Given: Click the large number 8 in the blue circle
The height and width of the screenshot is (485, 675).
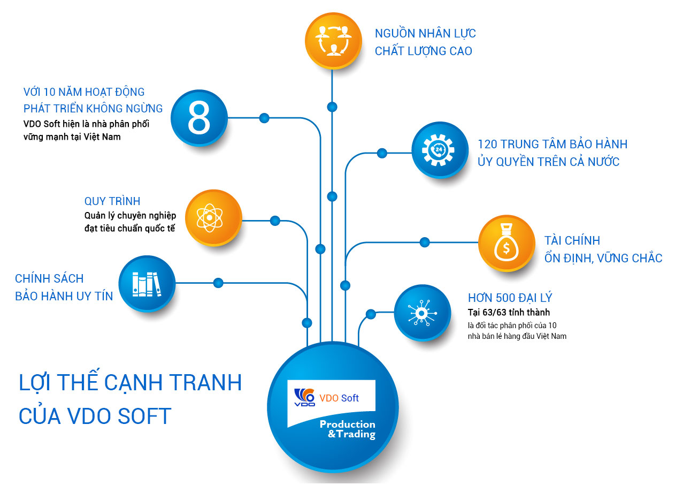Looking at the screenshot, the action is [199, 118].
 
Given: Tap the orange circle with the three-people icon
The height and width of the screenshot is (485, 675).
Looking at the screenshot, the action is [333, 41].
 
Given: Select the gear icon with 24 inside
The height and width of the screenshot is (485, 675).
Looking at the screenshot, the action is [439, 150].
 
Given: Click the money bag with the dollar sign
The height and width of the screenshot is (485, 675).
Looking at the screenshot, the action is [506, 242].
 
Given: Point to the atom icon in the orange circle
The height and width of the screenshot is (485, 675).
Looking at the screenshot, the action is [210, 217].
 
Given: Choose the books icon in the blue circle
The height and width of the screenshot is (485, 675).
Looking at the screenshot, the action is [147, 284].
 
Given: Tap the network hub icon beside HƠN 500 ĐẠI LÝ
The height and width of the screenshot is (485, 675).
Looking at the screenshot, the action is [422, 313].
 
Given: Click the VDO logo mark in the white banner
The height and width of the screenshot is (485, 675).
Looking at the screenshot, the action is [304, 397].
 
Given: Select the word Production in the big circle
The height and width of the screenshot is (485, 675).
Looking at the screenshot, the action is [348, 424].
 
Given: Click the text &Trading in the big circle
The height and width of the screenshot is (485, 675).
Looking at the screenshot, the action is [351, 434].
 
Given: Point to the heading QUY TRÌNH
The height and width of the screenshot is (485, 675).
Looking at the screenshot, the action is [112, 201].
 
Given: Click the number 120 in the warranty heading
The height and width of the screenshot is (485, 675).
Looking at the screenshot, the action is [488, 144].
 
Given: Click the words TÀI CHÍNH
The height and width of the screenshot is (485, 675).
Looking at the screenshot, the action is [572, 240].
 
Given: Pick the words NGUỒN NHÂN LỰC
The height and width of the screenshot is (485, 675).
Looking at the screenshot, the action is [425, 33].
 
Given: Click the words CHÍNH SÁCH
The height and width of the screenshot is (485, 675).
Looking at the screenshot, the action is [49, 278].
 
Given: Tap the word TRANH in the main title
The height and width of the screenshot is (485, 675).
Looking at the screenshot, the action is [205, 382].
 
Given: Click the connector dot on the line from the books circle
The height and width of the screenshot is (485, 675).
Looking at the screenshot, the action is [218, 283].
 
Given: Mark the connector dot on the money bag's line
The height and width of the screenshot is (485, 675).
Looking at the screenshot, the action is [425, 242].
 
